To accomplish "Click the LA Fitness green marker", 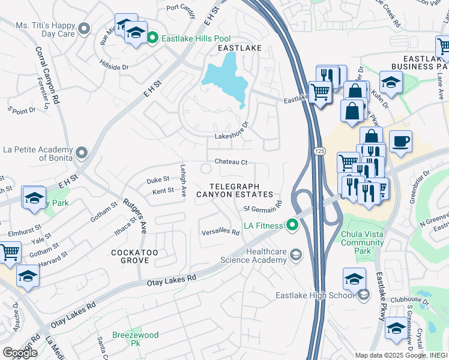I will [292, 226].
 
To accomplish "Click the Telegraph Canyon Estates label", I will [241, 190].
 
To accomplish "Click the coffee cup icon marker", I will [400, 142].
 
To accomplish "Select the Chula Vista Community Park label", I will [362, 242].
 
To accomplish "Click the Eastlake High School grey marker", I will [363, 295].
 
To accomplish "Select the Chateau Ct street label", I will [231, 162].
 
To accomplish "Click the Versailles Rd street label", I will [220, 232].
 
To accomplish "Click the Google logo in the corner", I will [19, 353].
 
